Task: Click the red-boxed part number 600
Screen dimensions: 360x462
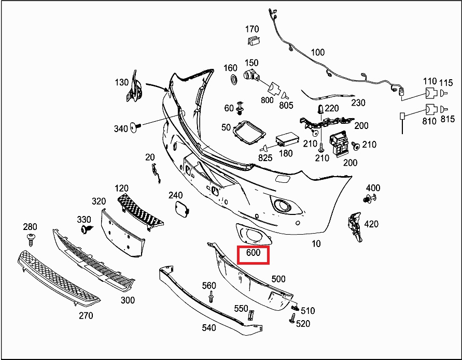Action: (253, 253)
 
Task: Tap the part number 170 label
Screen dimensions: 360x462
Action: (252, 28)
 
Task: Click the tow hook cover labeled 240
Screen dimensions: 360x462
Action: (180, 209)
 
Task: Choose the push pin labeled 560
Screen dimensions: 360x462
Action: (212, 297)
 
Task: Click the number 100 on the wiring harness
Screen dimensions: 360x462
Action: (318, 52)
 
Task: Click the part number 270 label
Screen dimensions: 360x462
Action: (86, 315)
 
